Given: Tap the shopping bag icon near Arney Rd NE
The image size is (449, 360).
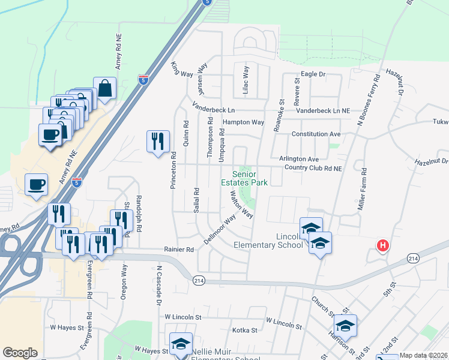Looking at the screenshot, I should click(x=104, y=88).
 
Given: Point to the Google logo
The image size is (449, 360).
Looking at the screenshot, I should click(x=20, y=353).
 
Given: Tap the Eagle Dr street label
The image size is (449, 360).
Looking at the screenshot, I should click(x=313, y=74).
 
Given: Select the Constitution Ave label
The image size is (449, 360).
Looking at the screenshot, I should click(x=316, y=134).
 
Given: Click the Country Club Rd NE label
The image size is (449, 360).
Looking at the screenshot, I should click(x=313, y=169).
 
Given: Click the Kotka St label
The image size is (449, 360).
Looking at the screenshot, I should click(x=245, y=330).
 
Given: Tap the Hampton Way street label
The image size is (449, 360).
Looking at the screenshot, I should click(x=243, y=122).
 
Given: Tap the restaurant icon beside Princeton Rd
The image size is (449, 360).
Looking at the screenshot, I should click(x=158, y=142).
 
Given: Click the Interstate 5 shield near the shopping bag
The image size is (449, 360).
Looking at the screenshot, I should click(x=143, y=79).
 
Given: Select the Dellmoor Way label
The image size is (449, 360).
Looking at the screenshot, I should click(x=220, y=230).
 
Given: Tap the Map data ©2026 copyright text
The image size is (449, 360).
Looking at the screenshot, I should click(x=423, y=355).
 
